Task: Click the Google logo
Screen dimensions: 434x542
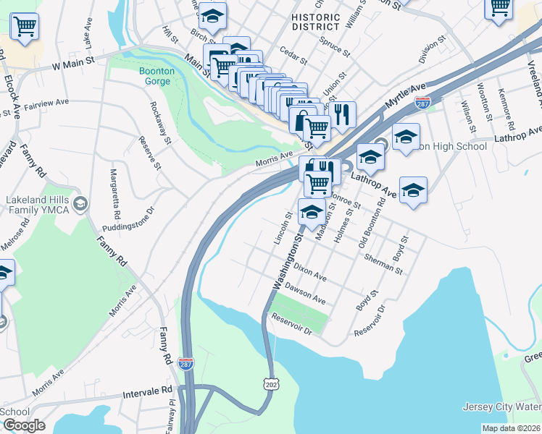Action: tap(24, 425)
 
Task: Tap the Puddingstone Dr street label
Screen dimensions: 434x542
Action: tap(130, 220)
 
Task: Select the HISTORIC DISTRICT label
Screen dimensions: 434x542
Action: tap(316, 22)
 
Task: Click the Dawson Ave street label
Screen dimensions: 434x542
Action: tap(305, 293)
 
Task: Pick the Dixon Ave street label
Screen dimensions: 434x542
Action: tap(310, 275)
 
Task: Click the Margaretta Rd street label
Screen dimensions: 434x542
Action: tap(114, 194)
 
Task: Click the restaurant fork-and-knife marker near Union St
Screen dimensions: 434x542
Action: tap(341, 114)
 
